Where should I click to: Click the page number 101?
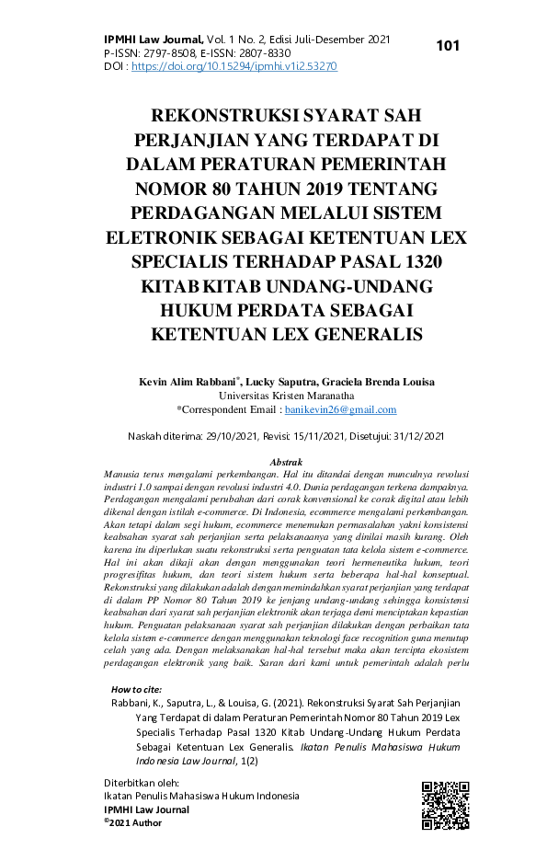coord(448,46)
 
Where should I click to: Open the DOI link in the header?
coord(234,67)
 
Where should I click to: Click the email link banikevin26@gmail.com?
coord(340,409)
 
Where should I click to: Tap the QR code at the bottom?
coord(445,805)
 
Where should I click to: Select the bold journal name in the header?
coord(153,40)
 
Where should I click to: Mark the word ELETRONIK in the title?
coord(163,237)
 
